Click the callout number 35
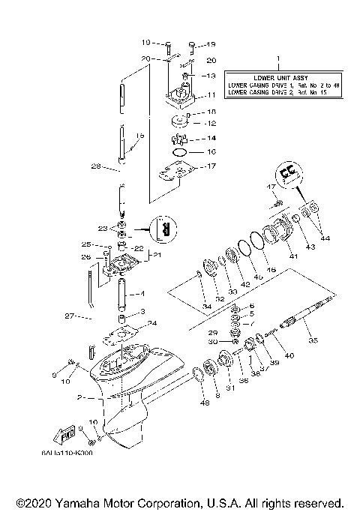pos(313,340)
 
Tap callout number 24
pos(153,324)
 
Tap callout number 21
pos(157,255)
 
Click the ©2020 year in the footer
pos(34,502)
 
